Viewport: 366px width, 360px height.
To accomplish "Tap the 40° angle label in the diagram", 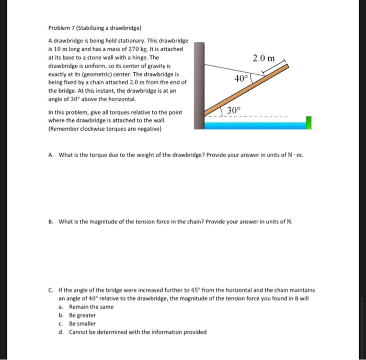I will (x=241, y=78).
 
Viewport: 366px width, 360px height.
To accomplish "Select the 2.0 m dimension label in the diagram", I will (x=264, y=58).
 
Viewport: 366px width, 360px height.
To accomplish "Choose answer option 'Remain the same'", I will (x=91, y=307).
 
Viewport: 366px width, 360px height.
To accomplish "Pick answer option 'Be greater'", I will (x=83, y=315).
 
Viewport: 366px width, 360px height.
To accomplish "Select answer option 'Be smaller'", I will (x=83, y=323).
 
